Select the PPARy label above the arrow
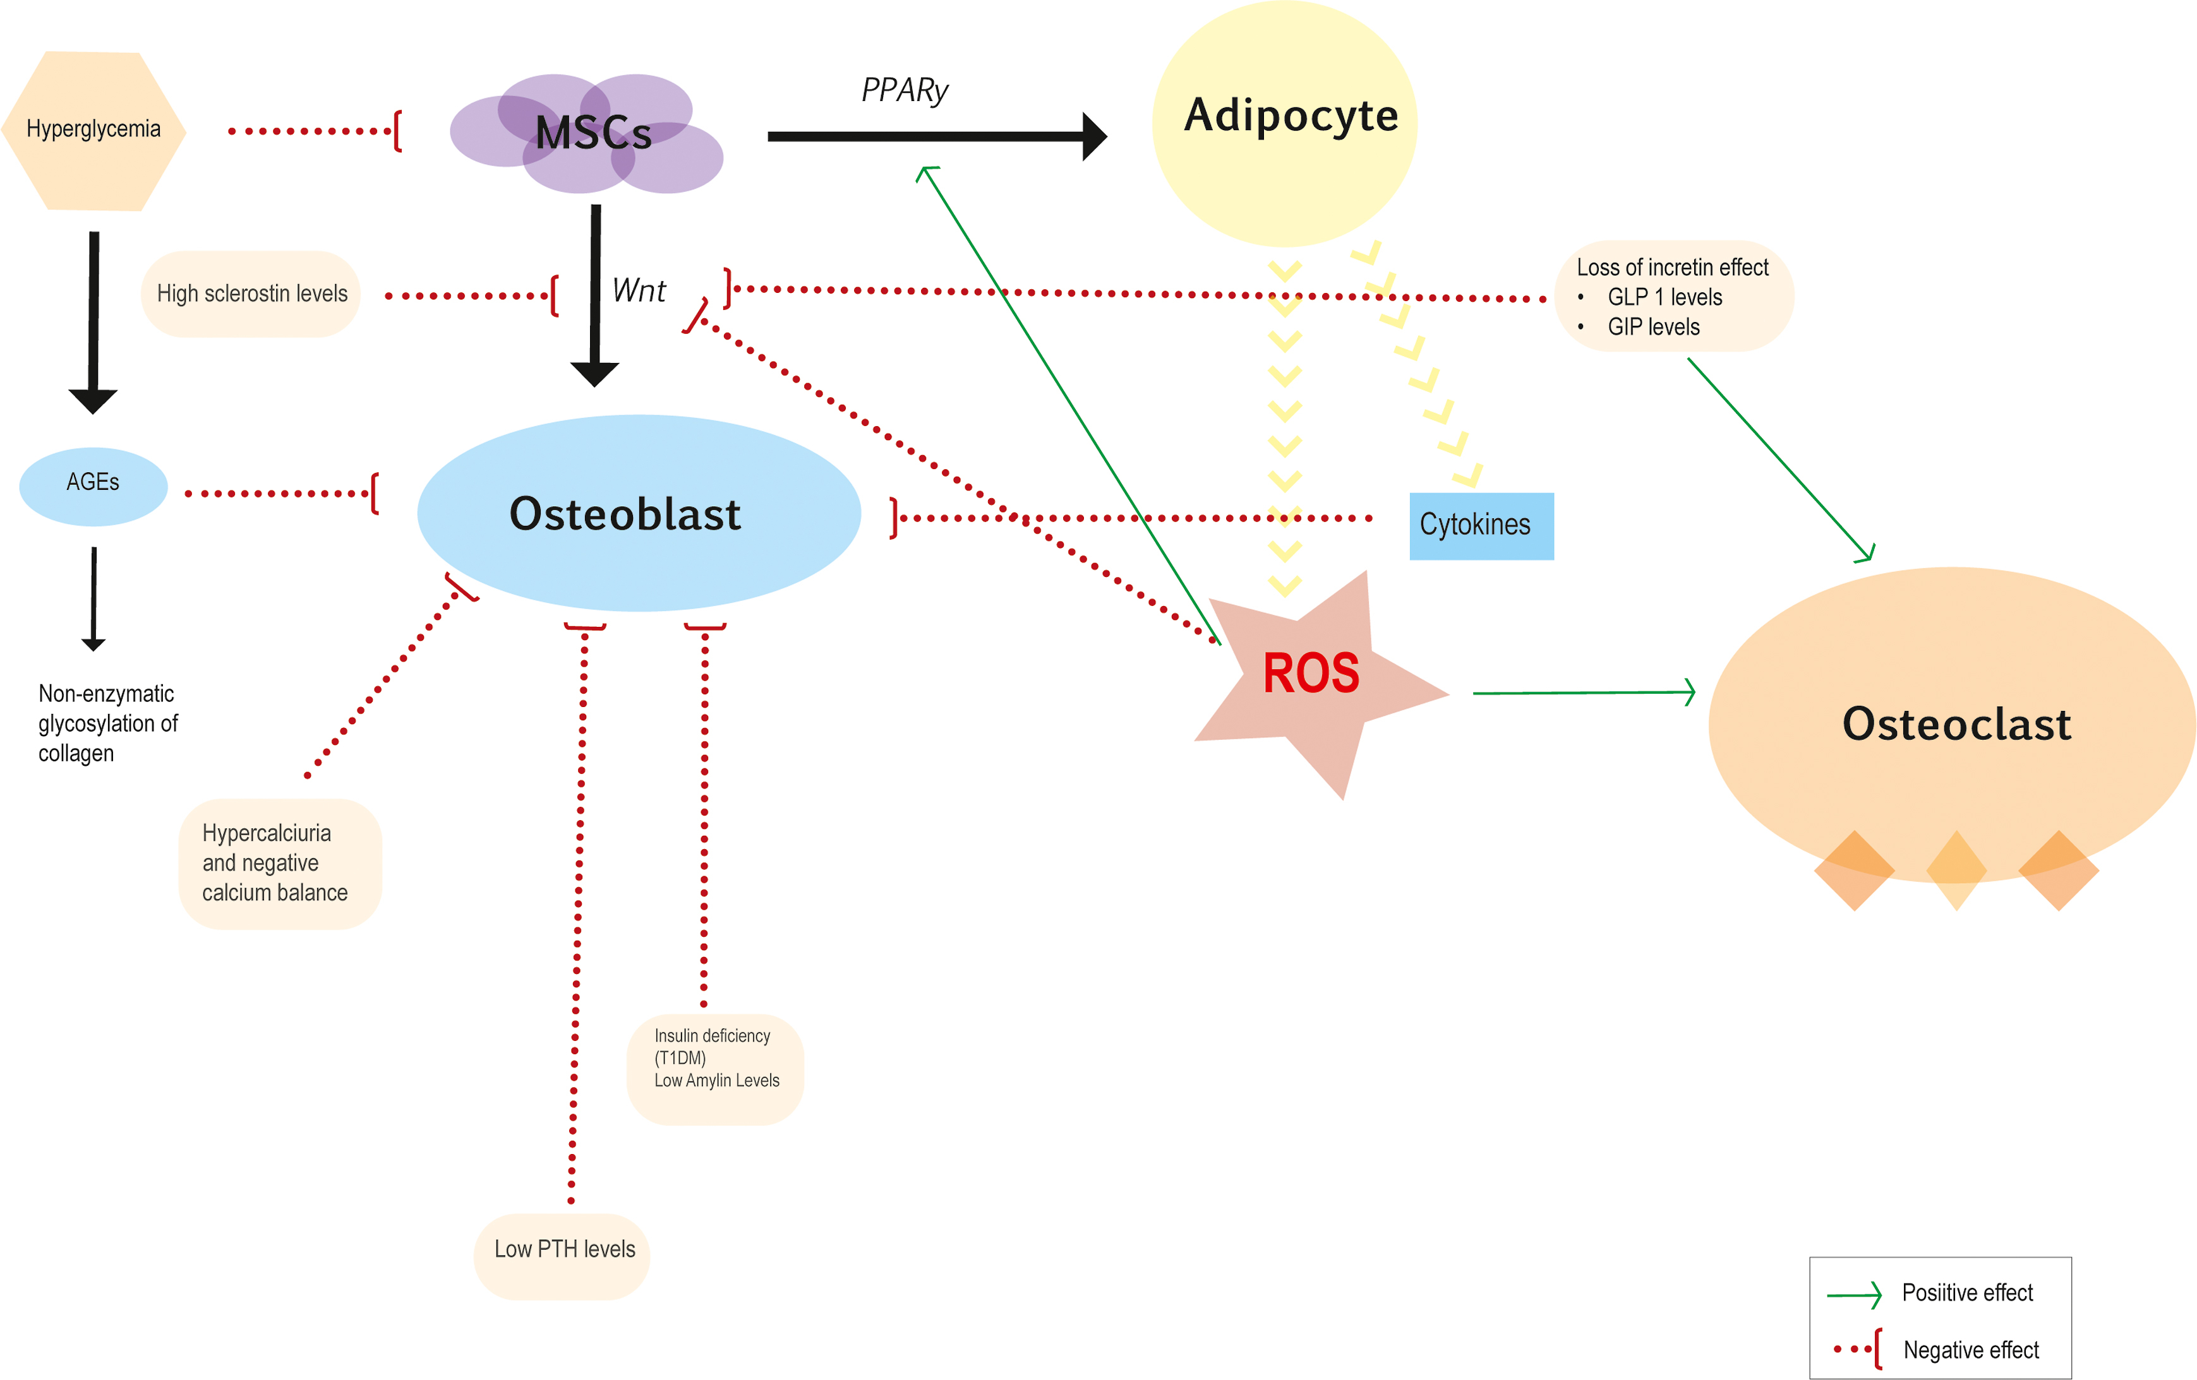coord(904,90)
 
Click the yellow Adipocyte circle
coord(1285,123)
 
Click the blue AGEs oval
coord(93,484)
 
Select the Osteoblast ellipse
coord(639,513)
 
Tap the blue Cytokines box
coord(1481,525)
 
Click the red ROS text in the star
coord(1310,674)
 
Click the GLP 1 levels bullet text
coord(1664,297)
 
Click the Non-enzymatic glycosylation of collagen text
coord(107,723)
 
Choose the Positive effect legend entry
coord(1967,1294)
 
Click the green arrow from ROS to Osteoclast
coord(1583,693)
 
